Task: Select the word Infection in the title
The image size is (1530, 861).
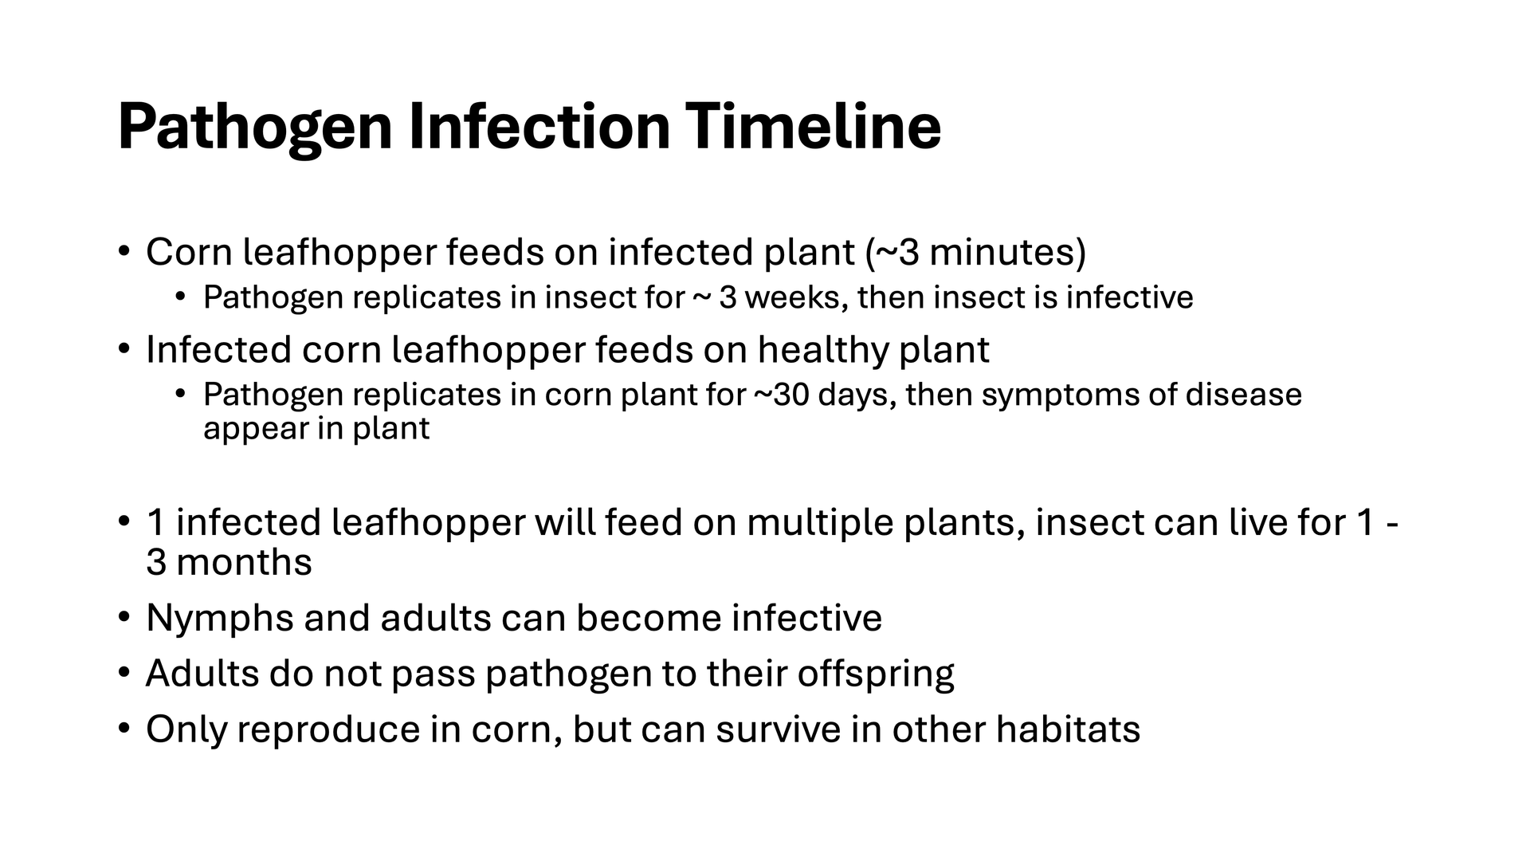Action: (540, 126)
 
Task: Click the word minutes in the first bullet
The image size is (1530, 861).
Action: (1002, 253)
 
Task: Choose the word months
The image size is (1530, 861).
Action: (244, 563)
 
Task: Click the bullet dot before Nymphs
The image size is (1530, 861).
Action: (124, 617)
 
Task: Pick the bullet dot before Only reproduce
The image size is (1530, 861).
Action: (124, 729)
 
